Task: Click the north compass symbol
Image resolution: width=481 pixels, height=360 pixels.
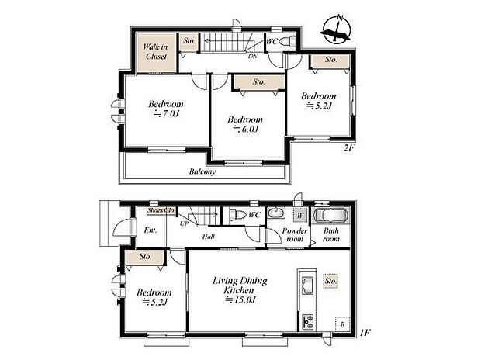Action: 339,29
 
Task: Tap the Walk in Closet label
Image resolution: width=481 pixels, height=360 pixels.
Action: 154,52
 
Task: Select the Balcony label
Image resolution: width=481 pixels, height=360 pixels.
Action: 202,171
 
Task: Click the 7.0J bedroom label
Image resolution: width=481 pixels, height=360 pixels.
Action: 164,110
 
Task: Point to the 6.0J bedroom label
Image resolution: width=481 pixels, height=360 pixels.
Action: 244,125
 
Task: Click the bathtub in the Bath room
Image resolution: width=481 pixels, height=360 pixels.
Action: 330,215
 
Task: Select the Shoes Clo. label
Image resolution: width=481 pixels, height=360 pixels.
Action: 160,210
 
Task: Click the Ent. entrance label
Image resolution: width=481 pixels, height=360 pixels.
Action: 151,230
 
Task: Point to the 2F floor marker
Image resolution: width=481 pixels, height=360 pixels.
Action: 349,147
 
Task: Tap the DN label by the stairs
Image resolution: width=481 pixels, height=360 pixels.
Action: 252,56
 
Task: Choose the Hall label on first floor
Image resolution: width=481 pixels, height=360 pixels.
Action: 209,237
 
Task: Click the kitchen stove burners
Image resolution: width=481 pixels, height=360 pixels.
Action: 305,320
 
